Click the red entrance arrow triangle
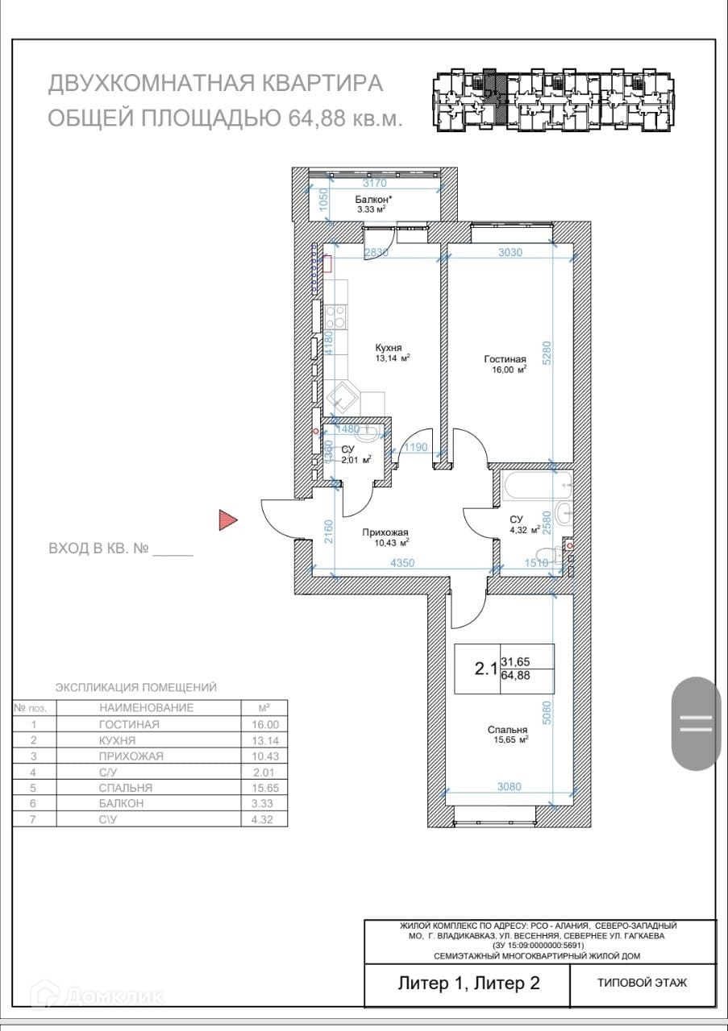[x=227, y=520]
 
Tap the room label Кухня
[x=389, y=348]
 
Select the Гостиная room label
[x=505, y=359]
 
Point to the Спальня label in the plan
[x=507, y=730]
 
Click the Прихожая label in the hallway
[x=385, y=532]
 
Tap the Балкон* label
[x=373, y=200]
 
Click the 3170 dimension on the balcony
[x=375, y=183]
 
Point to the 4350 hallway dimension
[x=402, y=563]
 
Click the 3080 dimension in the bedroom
[x=510, y=787]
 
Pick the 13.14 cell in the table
[x=265, y=741]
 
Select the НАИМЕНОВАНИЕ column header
[x=147, y=708]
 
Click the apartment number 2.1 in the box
[x=485, y=669]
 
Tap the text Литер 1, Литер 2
[x=468, y=982]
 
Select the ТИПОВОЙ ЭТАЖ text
[x=643, y=983]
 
